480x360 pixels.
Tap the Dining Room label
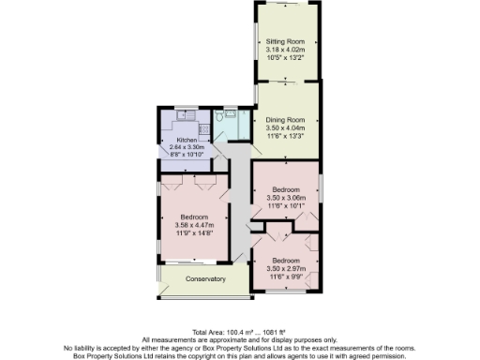point(288,121)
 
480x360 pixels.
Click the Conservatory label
point(204,279)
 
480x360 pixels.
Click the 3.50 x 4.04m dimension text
point(288,129)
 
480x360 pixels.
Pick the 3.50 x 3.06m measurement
point(286,198)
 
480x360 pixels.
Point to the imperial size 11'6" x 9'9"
point(286,277)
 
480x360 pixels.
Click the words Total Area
point(208,333)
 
